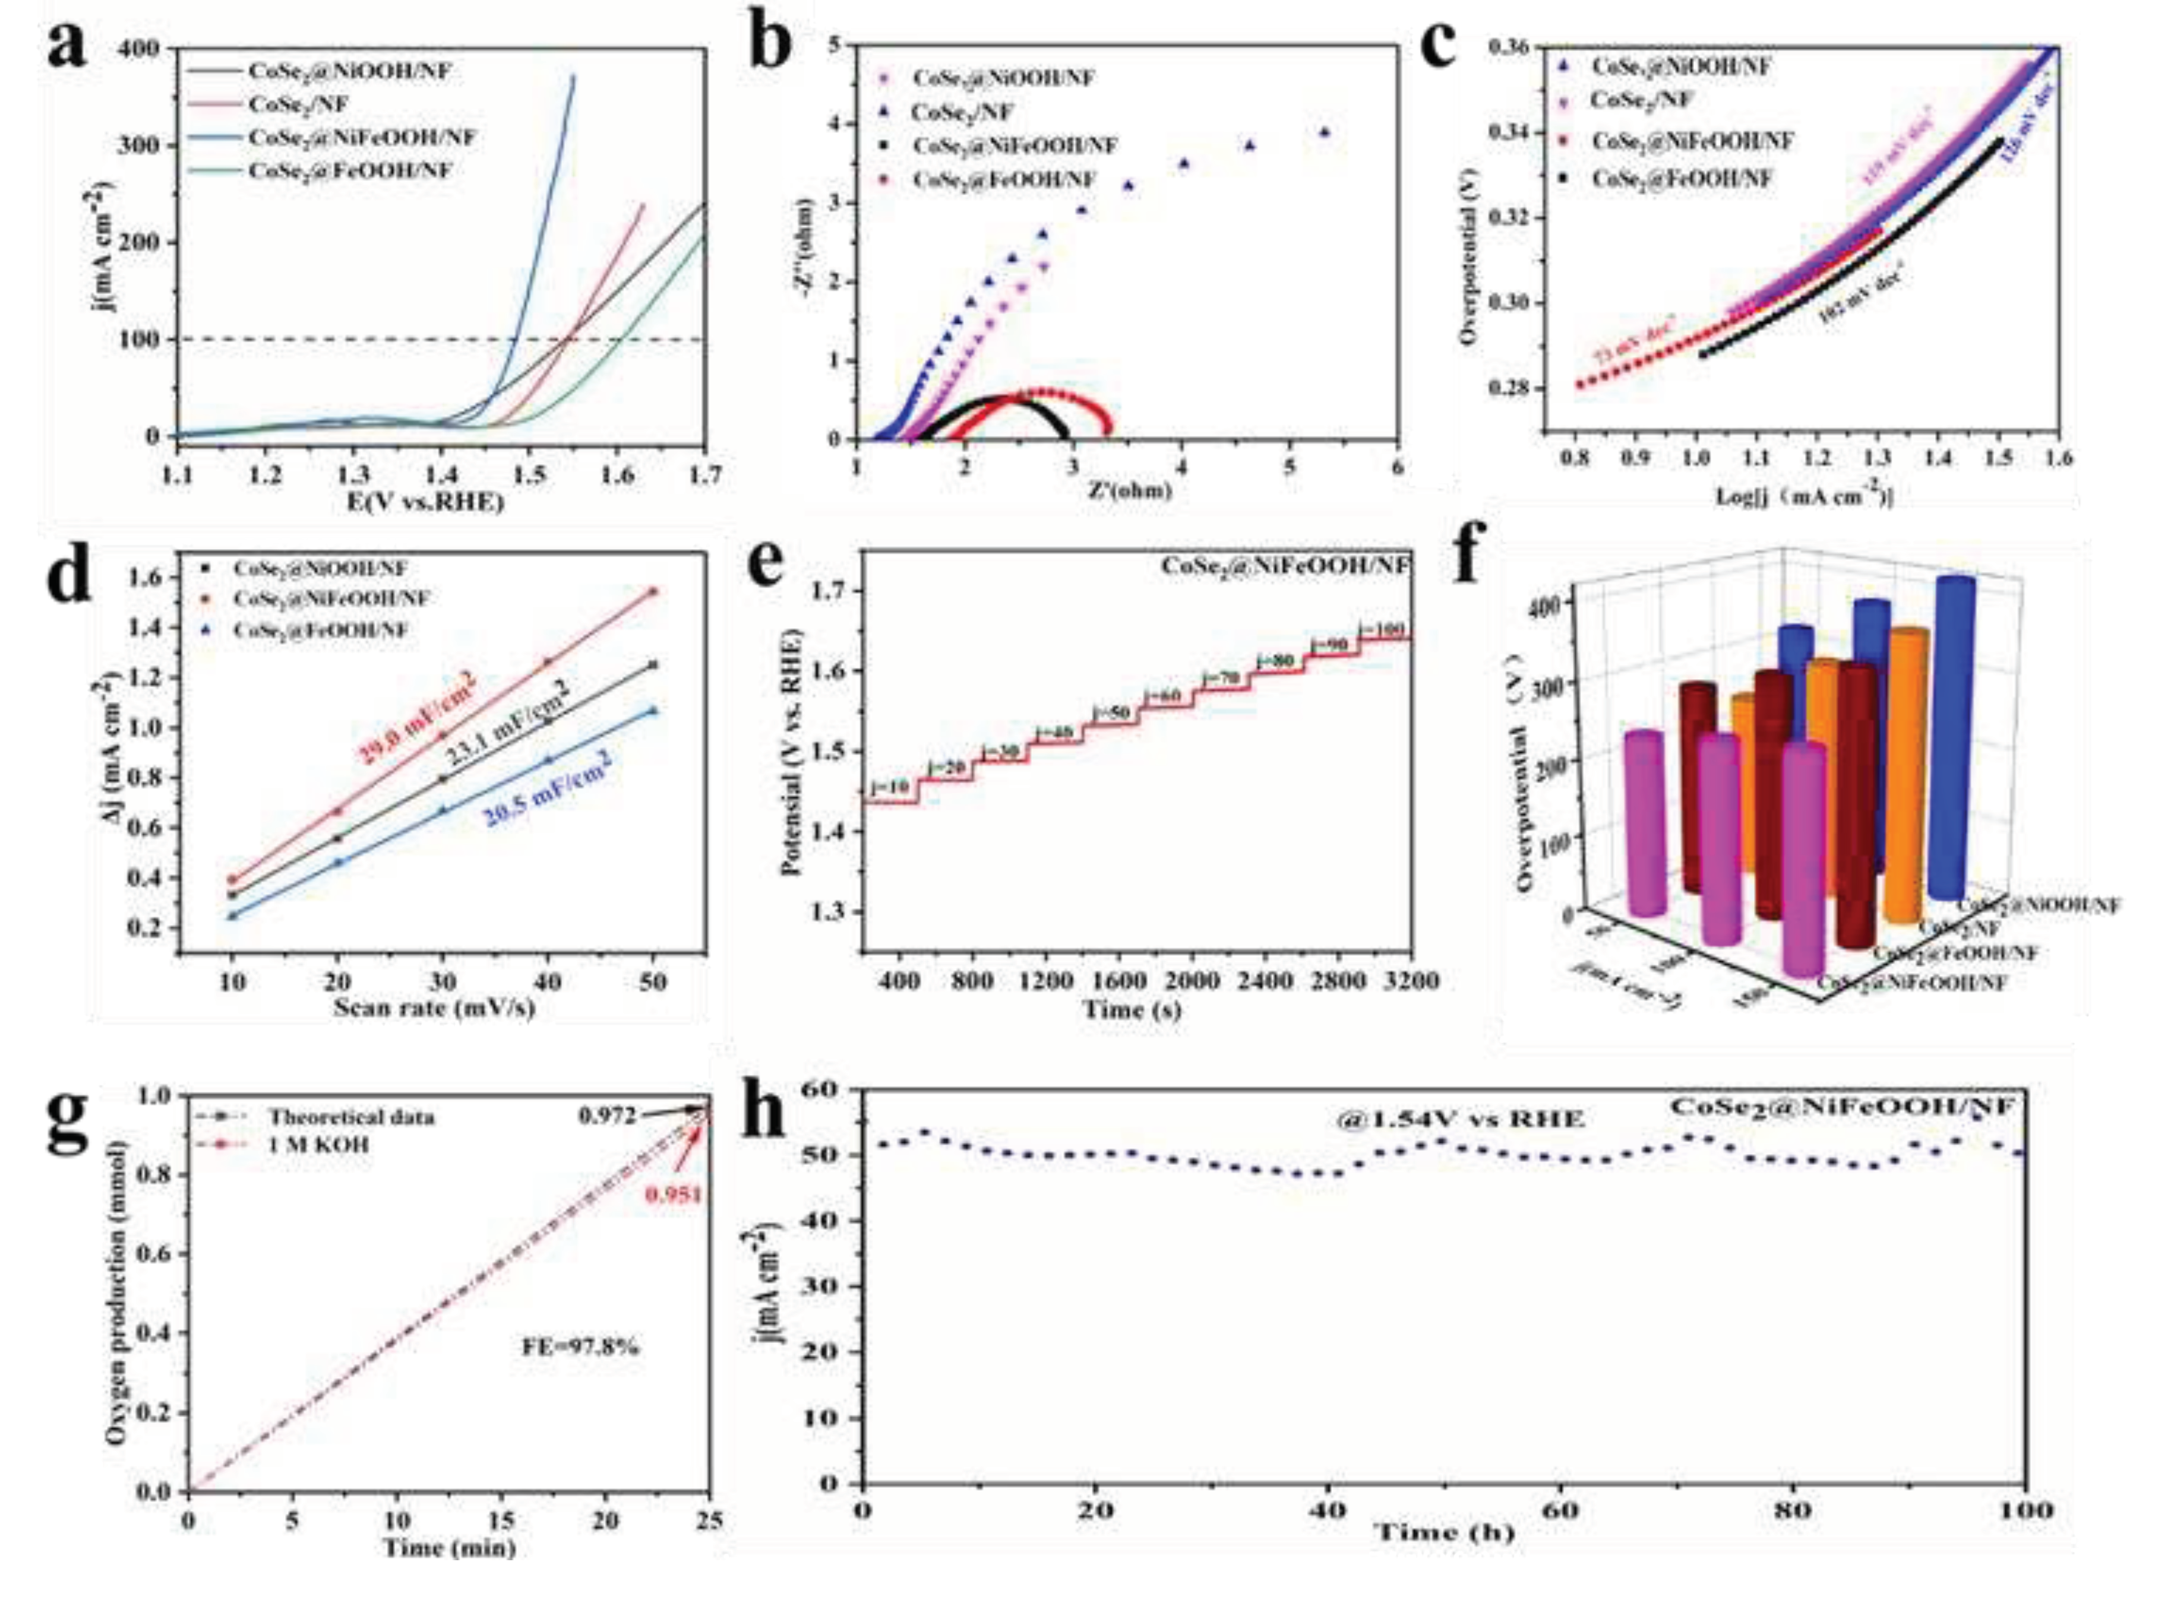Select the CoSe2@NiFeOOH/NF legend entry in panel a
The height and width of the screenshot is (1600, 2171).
tap(361, 138)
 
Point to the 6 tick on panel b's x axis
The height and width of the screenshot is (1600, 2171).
tap(1396, 467)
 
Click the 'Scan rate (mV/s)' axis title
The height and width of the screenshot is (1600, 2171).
tap(434, 1008)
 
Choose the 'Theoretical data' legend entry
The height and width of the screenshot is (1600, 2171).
tap(350, 1117)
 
